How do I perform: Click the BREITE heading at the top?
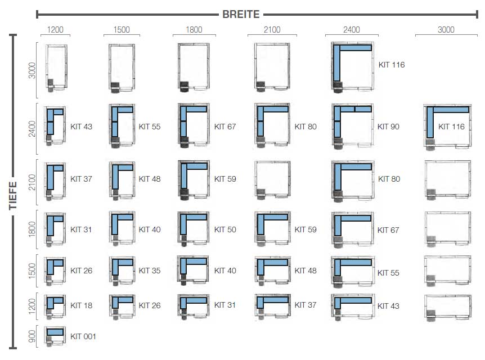pyautogui.click(x=241, y=14)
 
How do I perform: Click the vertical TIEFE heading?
pyautogui.click(x=13, y=195)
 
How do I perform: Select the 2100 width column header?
pyautogui.click(x=272, y=30)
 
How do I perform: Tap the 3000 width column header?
pyautogui.click(x=446, y=30)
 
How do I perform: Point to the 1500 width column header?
pyautogui.click(x=122, y=30)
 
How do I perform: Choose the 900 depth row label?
pyautogui.click(x=32, y=336)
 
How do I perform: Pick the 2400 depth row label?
pyautogui.click(x=32, y=129)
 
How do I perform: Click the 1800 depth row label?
pyautogui.click(x=32, y=229)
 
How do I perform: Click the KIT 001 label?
pyautogui.click(x=83, y=336)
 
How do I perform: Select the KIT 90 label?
pyautogui.click(x=388, y=127)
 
